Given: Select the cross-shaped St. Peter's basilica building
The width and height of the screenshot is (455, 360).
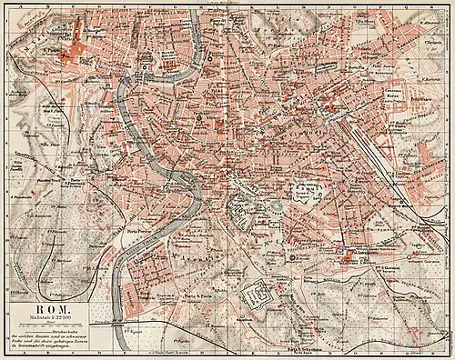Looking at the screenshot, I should click(x=71, y=55).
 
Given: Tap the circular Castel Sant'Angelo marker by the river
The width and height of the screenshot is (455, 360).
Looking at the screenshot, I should click(x=145, y=67).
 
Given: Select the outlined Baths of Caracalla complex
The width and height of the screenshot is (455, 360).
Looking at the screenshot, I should click(x=255, y=296).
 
